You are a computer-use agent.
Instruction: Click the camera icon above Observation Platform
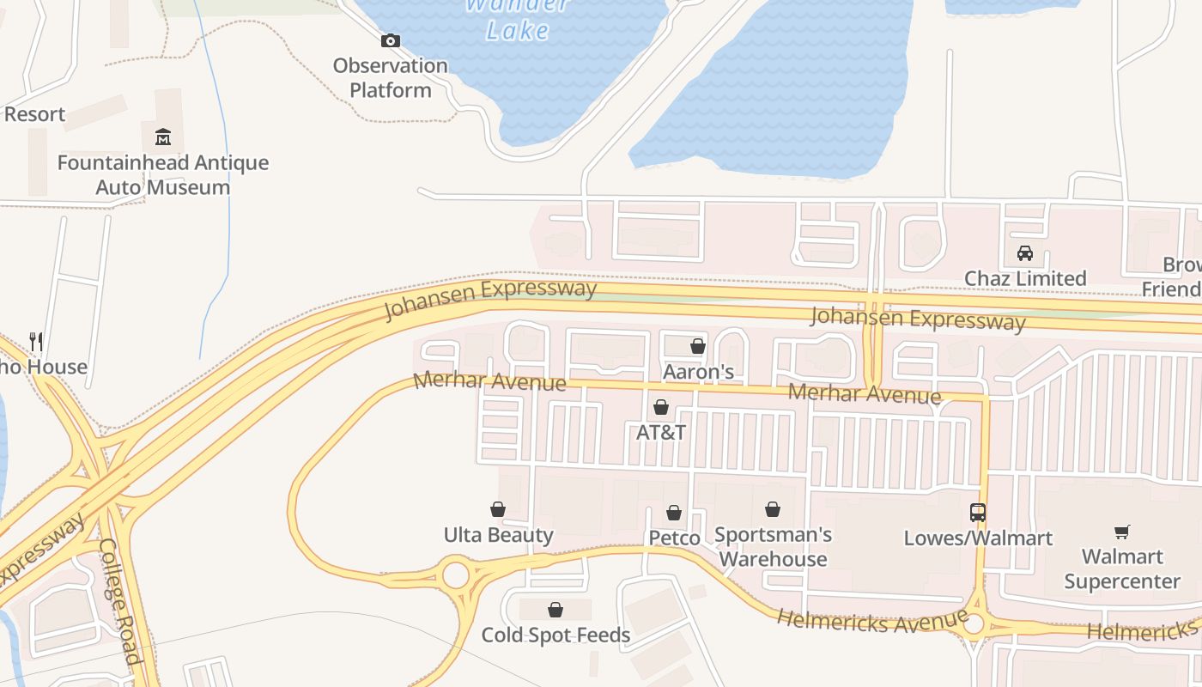pos(391,40)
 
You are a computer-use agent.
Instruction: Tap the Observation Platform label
pos(391,77)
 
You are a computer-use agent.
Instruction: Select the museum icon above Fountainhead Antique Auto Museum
pos(163,137)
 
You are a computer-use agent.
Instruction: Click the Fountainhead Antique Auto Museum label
pos(163,174)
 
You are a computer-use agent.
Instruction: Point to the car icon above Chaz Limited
pos(1025,253)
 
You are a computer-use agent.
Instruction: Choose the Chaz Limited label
pos(1025,278)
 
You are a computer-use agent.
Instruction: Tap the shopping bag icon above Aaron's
pos(698,347)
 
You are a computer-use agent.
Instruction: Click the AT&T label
pos(661,432)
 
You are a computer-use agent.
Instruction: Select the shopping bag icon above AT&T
pos(661,407)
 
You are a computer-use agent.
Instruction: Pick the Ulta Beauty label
pos(498,535)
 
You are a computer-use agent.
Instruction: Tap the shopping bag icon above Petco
pos(674,513)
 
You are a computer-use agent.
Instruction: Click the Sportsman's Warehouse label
pos(773,546)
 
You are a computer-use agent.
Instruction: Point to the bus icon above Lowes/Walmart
pos(978,513)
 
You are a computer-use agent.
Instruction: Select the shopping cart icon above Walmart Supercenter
pos(1121,532)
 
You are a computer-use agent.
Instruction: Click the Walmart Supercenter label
pos(1121,569)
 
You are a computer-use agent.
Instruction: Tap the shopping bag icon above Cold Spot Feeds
pos(555,610)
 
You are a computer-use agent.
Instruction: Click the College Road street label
pos(120,601)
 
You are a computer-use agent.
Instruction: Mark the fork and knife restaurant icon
pos(36,342)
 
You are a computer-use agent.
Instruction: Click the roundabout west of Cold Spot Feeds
pos(455,574)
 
